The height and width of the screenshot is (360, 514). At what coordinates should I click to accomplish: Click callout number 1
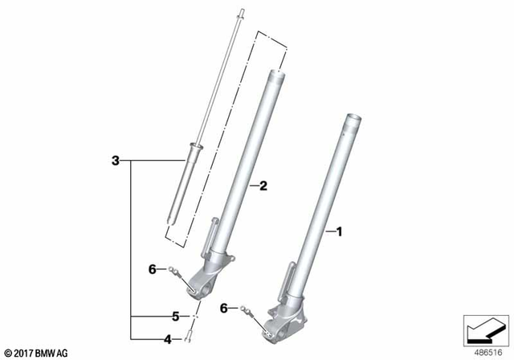(339, 232)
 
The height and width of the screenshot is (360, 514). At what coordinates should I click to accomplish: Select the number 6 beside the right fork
(225, 308)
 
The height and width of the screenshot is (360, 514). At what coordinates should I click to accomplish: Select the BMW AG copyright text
(38, 352)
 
